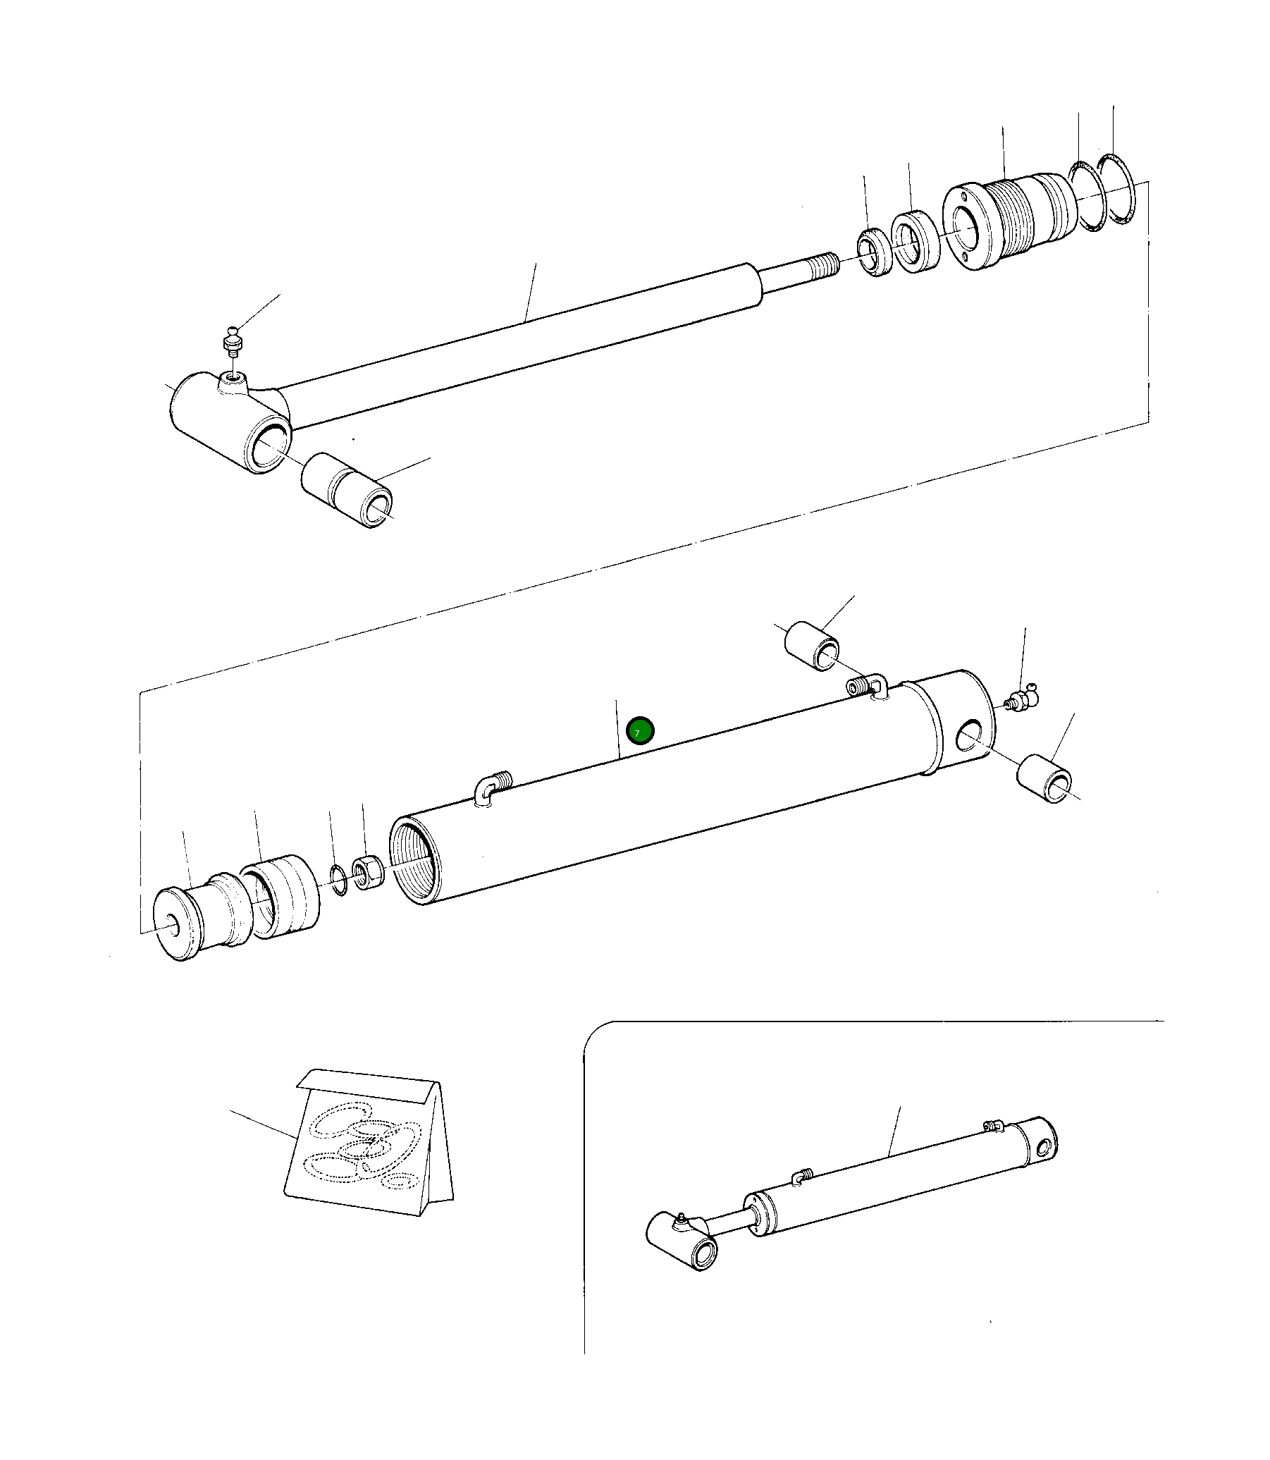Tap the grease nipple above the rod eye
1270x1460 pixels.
pyautogui.click(x=233, y=341)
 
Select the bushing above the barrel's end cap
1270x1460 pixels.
pyautogui.click(x=811, y=646)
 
